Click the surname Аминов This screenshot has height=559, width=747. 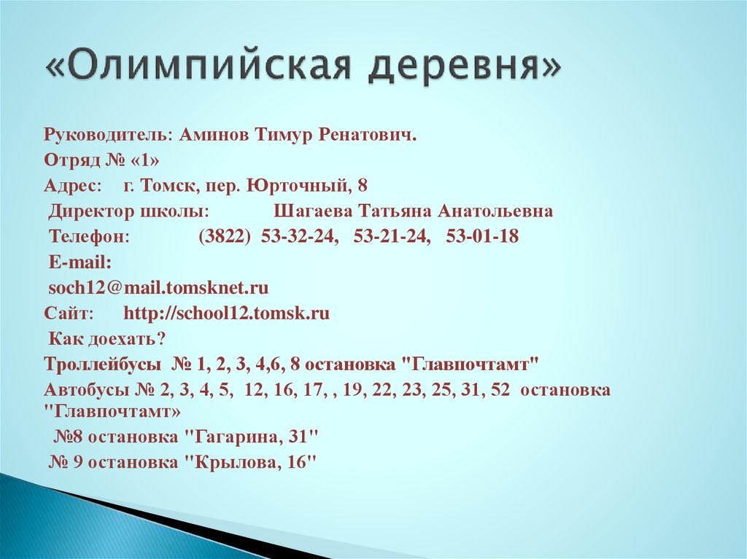click(x=216, y=136)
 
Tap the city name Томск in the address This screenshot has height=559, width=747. click(x=172, y=186)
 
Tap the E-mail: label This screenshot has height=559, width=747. click(x=80, y=262)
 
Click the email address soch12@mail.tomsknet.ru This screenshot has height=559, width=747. click(x=158, y=288)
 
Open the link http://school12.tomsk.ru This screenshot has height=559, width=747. click(x=227, y=313)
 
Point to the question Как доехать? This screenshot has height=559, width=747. click(x=108, y=339)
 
